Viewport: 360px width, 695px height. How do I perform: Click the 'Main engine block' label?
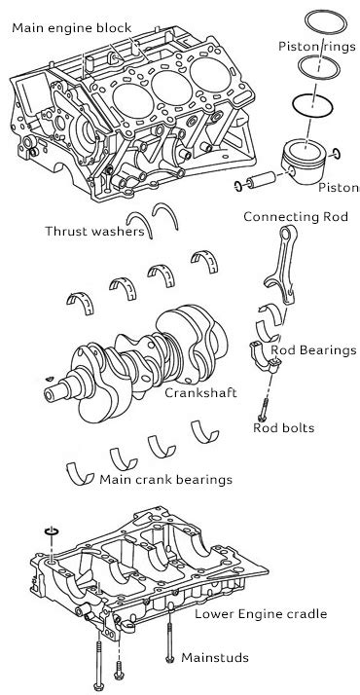(x=72, y=28)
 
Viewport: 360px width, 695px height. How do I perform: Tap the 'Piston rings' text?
(x=317, y=46)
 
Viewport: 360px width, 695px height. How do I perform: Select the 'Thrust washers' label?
(x=94, y=231)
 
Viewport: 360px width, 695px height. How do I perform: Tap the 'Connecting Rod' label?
(x=296, y=217)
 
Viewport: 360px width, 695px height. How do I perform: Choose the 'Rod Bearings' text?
(x=313, y=350)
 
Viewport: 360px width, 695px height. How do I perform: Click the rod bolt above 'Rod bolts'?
(x=263, y=409)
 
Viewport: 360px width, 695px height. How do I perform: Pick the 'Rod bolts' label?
(x=284, y=427)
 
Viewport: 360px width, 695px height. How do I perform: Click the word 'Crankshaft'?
(x=200, y=392)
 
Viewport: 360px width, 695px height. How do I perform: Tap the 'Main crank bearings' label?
(x=165, y=479)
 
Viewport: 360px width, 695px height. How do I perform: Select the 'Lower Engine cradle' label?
(x=261, y=614)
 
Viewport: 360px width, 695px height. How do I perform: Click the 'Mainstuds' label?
(x=215, y=657)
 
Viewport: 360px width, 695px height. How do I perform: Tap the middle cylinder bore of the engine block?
(x=171, y=89)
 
